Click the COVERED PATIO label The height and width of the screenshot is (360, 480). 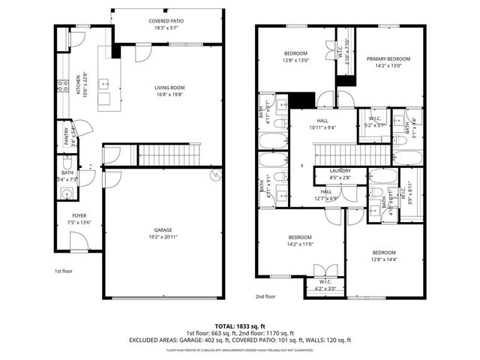point(167,22)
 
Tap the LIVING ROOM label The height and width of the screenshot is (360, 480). point(169,88)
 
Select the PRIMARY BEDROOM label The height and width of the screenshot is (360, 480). point(388,58)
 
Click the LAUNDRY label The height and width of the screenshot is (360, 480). point(340,172)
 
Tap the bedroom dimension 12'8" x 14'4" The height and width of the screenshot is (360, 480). point(383,259)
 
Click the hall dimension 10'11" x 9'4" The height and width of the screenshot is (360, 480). point(322,127)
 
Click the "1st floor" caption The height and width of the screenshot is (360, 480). point(63,271)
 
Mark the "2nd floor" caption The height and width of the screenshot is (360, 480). point(265,296)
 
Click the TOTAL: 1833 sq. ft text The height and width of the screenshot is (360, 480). point(239,326)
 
